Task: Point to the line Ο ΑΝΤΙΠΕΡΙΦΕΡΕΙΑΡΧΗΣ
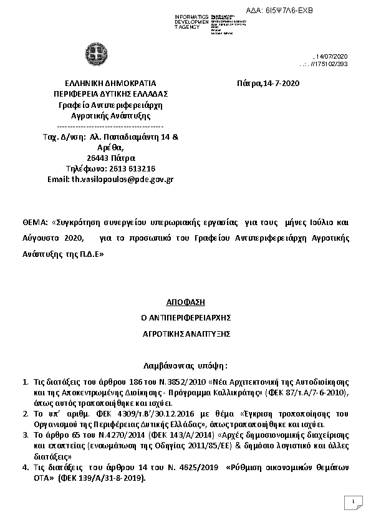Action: [185, 317]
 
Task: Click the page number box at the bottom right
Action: [353, 502]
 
